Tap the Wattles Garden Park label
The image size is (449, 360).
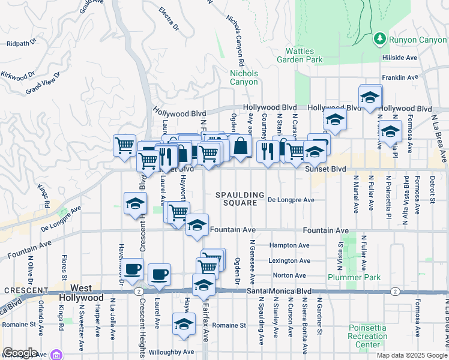(x=299, y=55)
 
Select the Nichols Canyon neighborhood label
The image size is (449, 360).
(x=244, y=77)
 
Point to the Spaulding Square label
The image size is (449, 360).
(x=241, y=199)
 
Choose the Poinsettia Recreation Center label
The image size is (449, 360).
(x=367, y=336)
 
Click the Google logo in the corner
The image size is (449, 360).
(x=19, y=352)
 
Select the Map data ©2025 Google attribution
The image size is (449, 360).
(x=412, y=355)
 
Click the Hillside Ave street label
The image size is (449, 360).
(x=399, y=58)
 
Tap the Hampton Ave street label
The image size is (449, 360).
(x=289, y=245)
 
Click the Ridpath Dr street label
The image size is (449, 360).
(x=22, y=43)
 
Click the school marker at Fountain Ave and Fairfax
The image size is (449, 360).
(x=196, y=226)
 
